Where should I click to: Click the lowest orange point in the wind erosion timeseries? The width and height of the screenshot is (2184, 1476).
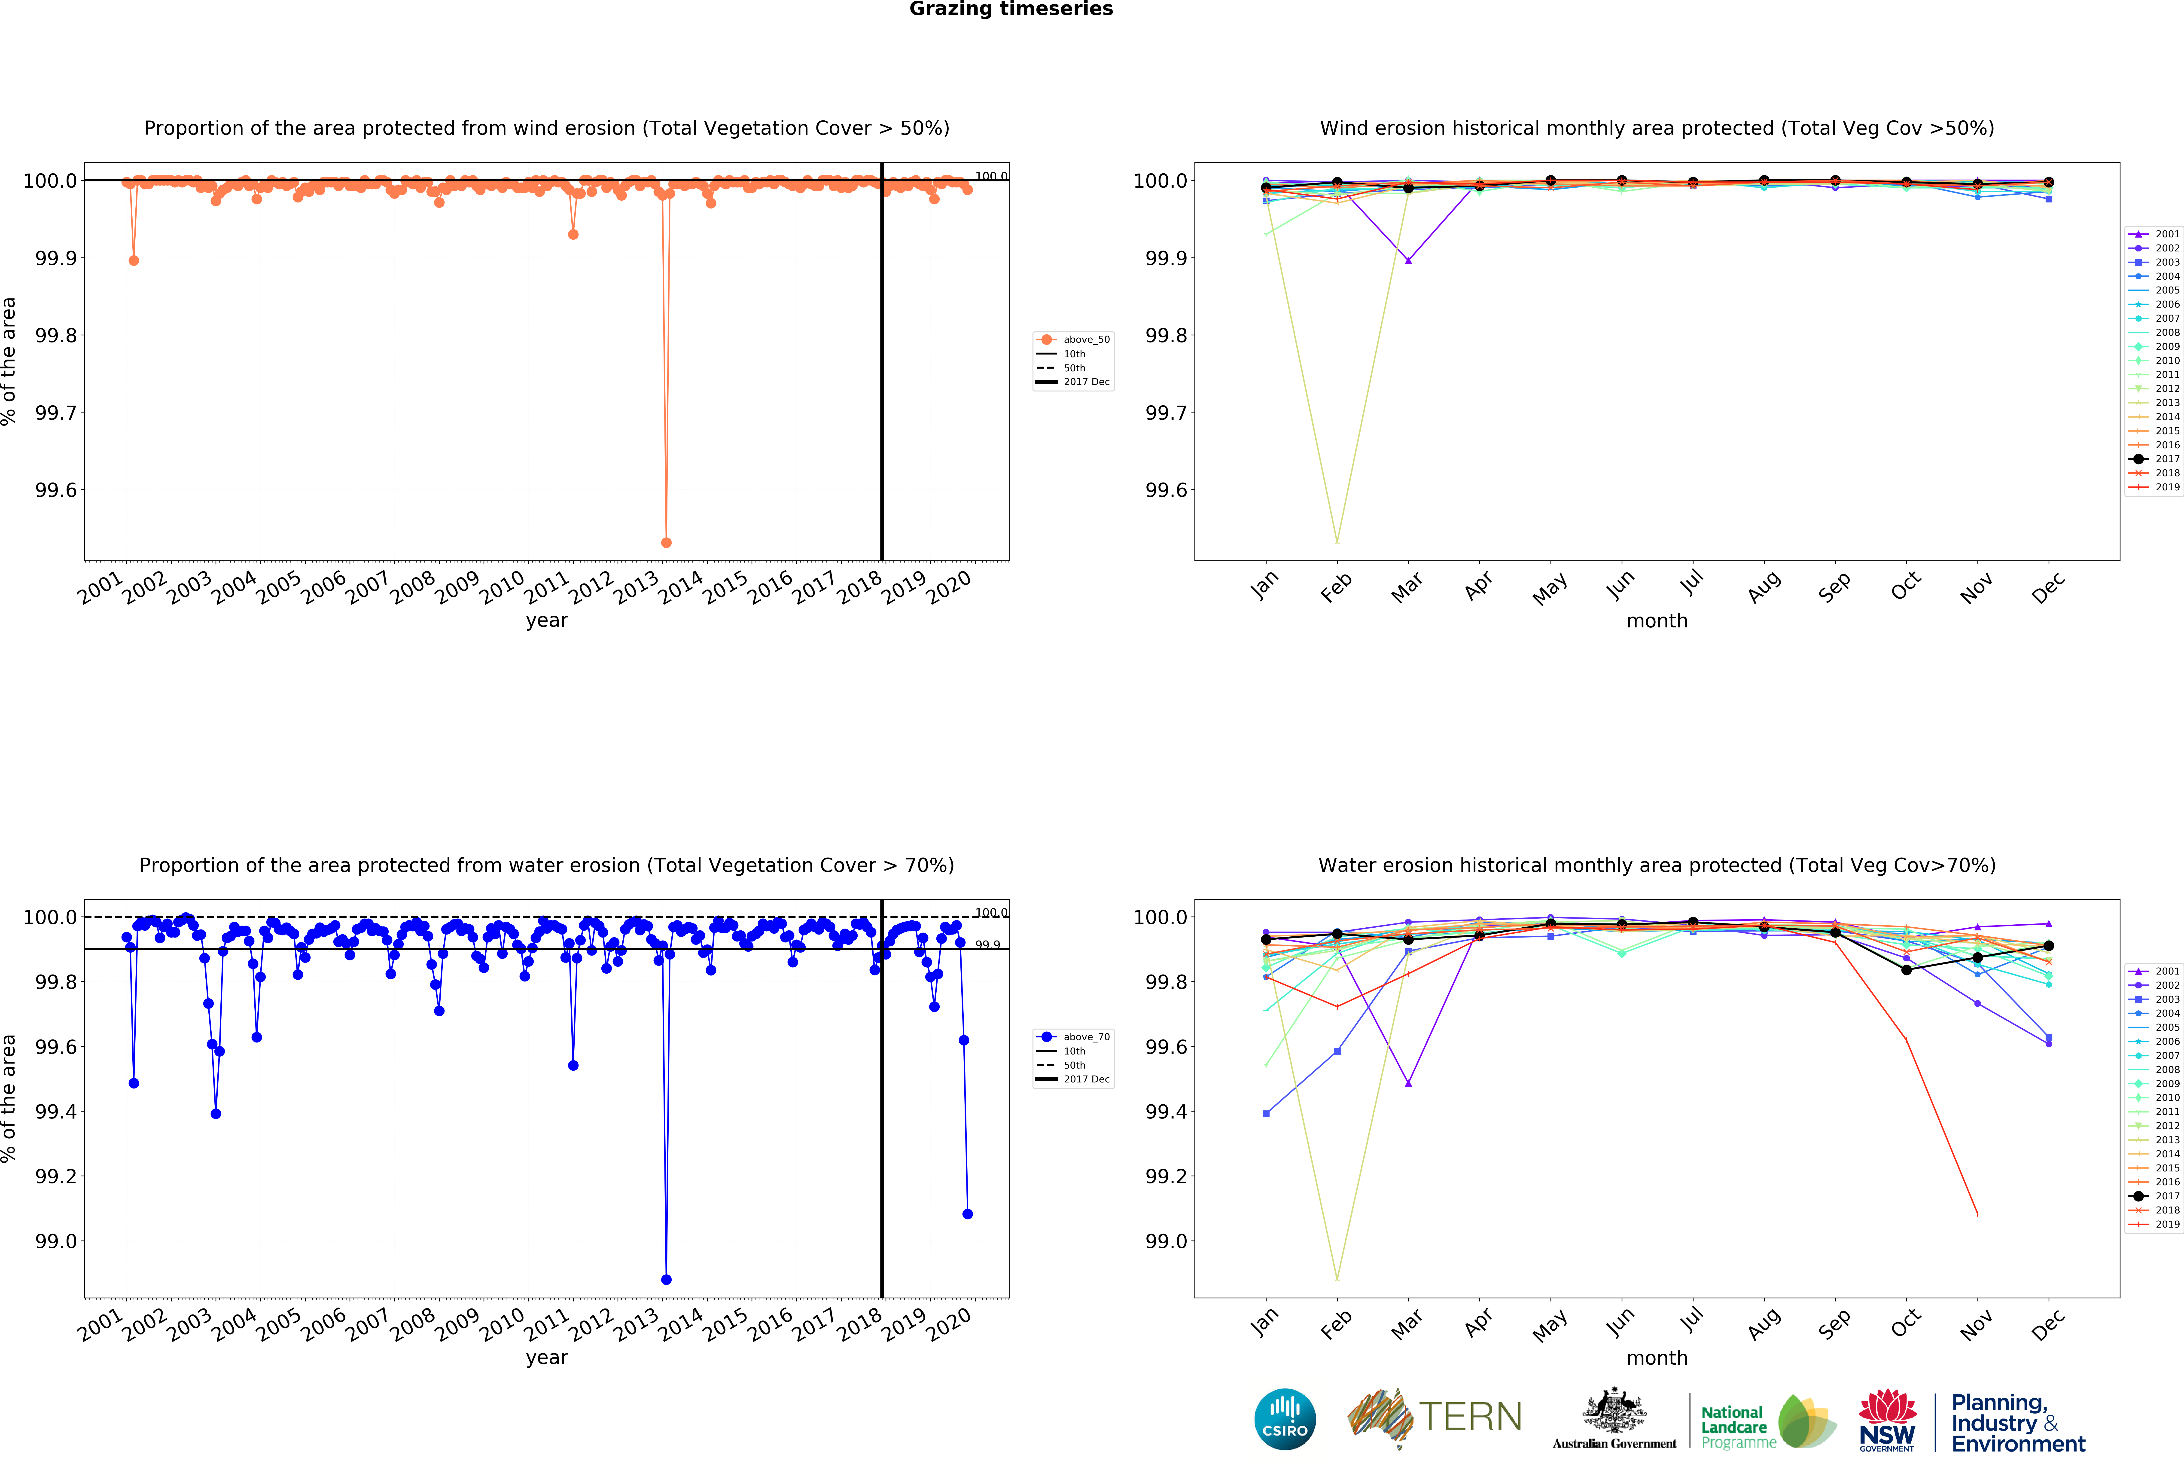666,542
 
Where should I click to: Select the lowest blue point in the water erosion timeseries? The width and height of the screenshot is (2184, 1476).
666,1280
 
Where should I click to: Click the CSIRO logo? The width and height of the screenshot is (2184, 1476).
1285,1420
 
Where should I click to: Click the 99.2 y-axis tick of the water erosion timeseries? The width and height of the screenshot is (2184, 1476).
56,1176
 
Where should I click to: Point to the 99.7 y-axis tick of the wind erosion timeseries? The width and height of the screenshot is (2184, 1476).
56,413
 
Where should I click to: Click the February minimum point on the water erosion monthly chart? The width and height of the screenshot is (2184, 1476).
1336,1279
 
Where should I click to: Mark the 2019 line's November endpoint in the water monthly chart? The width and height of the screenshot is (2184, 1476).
1977,1215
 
